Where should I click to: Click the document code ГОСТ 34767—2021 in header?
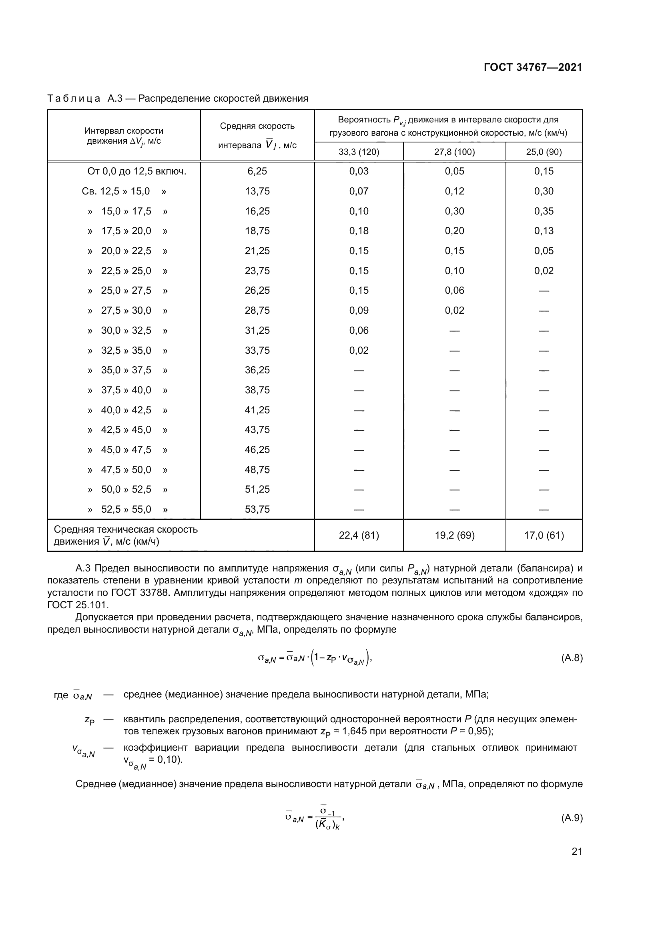(x=533, y=67)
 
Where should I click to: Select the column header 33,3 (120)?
(x=359, y=152)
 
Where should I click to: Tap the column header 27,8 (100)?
(x=454, y=152)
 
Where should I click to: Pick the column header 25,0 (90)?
(x=544, y=152)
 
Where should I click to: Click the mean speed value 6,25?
(x=257, y=171)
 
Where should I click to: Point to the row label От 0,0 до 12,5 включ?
(x=136, y=171)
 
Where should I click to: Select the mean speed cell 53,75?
(x=257, y=509)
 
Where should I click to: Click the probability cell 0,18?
(x=359, y=231)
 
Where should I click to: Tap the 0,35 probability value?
(x=544, y=211)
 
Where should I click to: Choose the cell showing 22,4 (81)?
(x=359, y=535)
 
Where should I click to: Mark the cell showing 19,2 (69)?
(x=455, y=535)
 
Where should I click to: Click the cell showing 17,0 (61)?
(x=544, y=535)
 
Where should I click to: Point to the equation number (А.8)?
(x=572, y=657)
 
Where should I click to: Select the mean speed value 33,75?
(x=257, y=351)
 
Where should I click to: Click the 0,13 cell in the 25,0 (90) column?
(x=544, y=231)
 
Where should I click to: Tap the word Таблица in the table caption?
(x=74, y=99)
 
